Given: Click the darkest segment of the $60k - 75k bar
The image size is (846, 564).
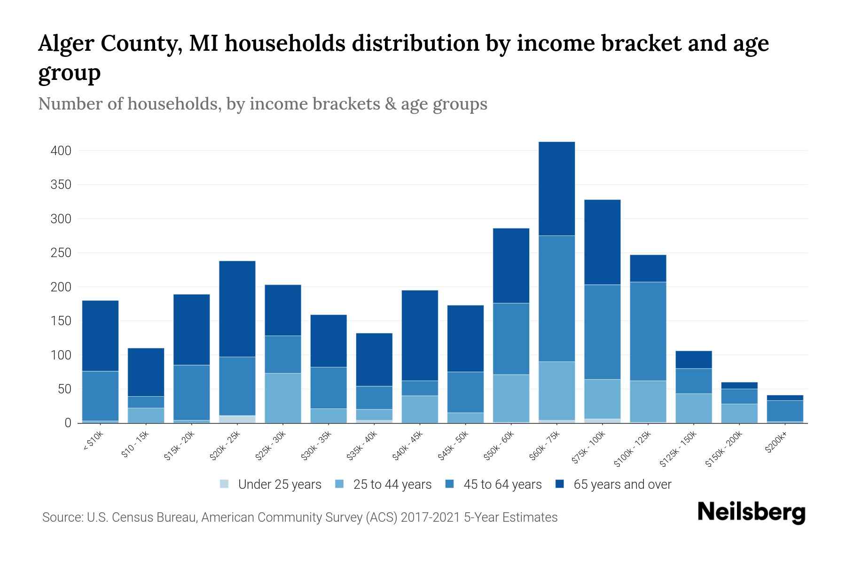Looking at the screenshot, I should coord(556,188).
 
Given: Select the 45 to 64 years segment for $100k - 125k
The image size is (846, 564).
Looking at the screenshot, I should coord(648,331).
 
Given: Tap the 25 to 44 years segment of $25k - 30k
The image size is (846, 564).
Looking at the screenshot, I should coord(283,398).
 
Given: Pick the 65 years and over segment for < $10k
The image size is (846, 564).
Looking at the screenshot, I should coord(100,336).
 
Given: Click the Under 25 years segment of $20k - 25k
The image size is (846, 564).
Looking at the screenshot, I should coord(237,419).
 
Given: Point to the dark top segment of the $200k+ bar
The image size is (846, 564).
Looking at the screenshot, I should coord(785,398).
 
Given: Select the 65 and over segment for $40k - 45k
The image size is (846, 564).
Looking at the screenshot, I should coord(420,335).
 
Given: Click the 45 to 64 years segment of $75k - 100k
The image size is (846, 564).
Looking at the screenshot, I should coord(602,332).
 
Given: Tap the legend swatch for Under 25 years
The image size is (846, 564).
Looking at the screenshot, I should coord(225,484).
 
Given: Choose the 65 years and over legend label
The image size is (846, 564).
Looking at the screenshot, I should coord(622,484).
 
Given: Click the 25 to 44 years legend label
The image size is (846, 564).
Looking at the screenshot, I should coord(392,484).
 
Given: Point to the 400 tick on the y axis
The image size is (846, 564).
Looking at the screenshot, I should coord(61,151).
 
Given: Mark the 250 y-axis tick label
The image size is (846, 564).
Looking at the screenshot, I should coord(61,253).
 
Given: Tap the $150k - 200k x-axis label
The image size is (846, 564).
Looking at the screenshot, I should coord(724,449).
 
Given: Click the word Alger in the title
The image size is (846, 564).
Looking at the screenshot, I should coord(65,44).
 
